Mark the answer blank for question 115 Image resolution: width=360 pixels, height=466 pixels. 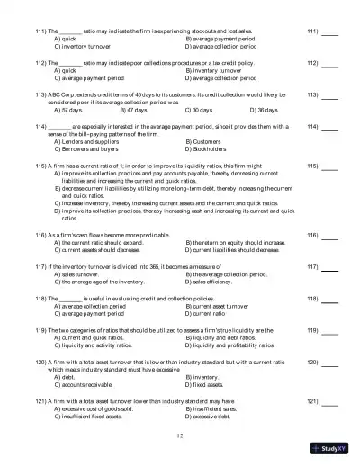330,167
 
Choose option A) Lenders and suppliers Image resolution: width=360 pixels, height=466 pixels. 86,142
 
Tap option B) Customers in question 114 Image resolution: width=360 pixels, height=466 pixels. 207,142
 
